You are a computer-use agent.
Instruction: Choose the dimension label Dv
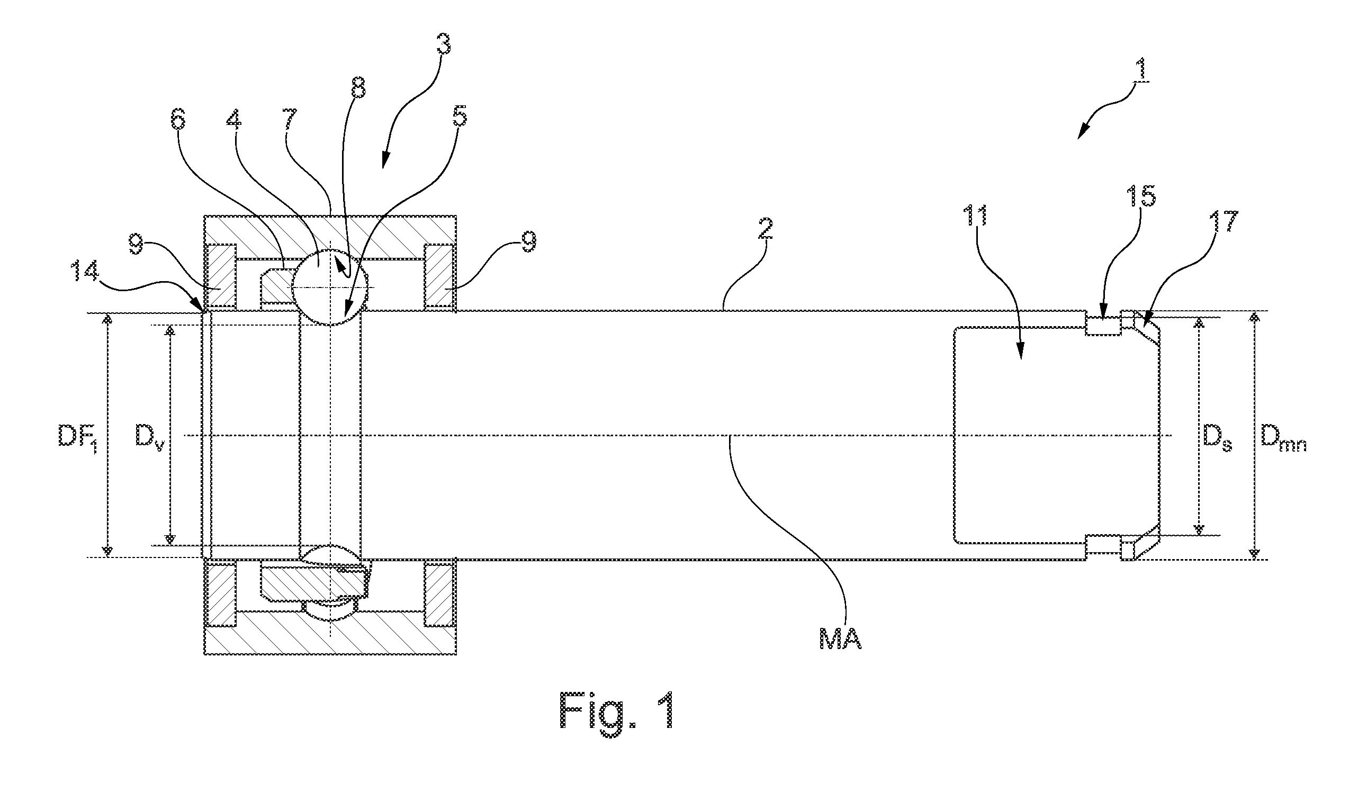(x=150, y=435)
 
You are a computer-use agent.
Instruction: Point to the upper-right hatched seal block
(x=439, y=277)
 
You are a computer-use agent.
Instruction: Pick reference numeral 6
(x=177, y=120)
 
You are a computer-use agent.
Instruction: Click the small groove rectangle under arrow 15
(x=1103, y=326)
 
